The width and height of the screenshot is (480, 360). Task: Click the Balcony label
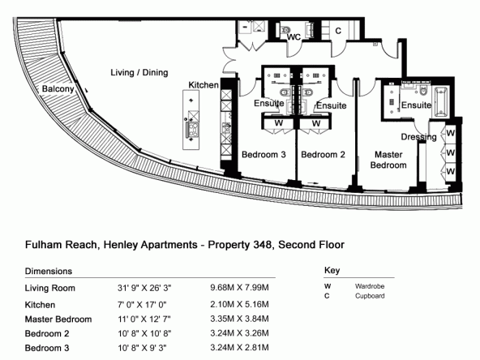[58, 88]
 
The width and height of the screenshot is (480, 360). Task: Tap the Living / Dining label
[139, 72]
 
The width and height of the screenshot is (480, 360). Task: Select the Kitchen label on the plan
[204, 85]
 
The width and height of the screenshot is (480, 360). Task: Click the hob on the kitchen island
[192, 129]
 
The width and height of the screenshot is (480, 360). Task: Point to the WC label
[294, 37]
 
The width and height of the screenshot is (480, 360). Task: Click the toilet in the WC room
[285, 30]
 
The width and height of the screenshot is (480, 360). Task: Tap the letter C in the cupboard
[338, 31]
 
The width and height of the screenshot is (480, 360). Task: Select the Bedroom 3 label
[264, 155]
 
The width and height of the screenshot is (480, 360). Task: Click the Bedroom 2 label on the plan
[323, 155]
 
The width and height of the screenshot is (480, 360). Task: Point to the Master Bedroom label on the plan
[388, 160]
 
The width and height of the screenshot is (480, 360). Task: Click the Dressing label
[418, 137]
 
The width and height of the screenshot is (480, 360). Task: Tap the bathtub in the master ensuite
[440, 102]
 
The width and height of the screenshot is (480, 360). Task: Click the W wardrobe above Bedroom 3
[279, 123]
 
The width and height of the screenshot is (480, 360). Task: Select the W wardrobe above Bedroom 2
[316, 123]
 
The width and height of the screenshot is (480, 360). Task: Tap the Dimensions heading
[49, 272]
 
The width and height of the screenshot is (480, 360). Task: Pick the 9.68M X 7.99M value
[239, 288]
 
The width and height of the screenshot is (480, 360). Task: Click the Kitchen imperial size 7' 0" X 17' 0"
[142, 305]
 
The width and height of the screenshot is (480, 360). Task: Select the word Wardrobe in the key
[370, 286]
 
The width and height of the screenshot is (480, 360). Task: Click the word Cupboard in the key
[370, 296]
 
